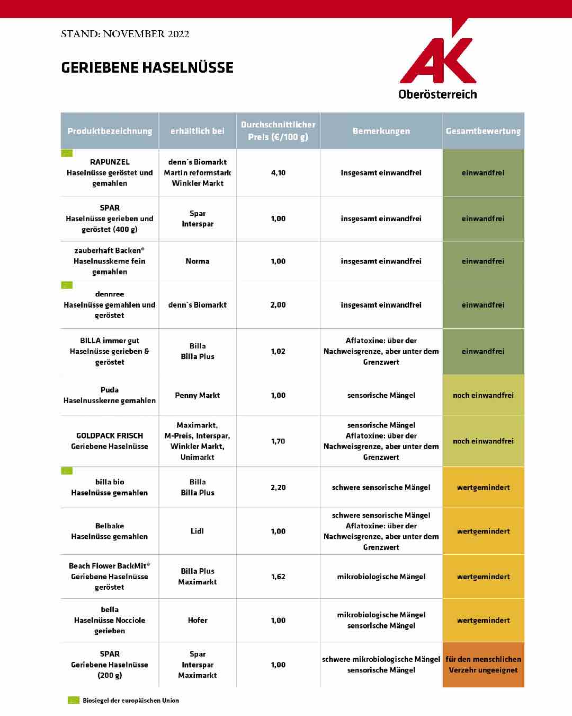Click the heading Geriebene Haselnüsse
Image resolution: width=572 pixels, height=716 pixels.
147,68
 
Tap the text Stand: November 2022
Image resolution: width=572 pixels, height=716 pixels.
125,34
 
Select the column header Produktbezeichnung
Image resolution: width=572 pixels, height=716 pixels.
110,131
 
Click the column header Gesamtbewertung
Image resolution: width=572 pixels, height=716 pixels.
483,131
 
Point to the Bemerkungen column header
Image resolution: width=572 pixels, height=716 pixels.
381,131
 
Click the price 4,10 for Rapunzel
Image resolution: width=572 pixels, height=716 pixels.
278,173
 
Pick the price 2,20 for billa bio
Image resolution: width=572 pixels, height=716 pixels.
278,487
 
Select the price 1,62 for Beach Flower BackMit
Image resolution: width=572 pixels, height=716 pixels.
278,577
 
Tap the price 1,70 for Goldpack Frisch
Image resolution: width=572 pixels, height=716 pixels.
278,441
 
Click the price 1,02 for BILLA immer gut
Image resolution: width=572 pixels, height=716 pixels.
278,351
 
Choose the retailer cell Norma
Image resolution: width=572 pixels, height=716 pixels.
198,261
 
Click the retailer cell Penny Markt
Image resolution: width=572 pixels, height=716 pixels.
198,395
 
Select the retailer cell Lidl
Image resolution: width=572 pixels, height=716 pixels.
198,531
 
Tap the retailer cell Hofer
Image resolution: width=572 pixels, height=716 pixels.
198,620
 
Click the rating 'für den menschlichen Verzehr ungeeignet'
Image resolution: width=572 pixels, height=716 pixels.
483,665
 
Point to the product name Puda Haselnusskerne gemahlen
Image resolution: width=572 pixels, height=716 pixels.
110,395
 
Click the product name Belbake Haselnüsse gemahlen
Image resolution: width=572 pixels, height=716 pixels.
110,531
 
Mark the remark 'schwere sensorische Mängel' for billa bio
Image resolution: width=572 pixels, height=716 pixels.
381,487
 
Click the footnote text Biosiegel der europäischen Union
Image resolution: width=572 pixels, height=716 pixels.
131,701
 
